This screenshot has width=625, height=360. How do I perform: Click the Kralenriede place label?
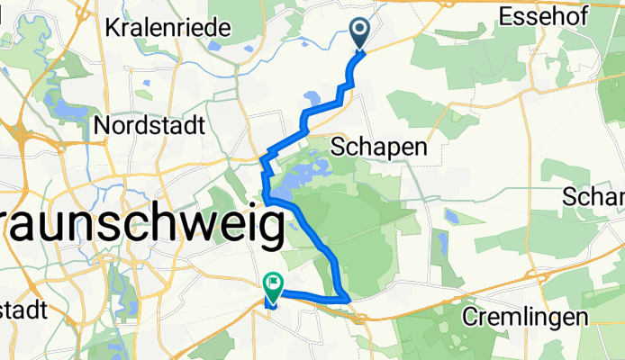click(168, 27)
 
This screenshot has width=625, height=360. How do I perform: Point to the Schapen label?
click(380, 147)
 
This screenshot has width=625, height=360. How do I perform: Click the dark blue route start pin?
click(359, 34)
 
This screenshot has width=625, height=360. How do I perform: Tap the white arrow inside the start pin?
click(359, 31)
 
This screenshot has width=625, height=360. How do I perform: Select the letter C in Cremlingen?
click(469, 316)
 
